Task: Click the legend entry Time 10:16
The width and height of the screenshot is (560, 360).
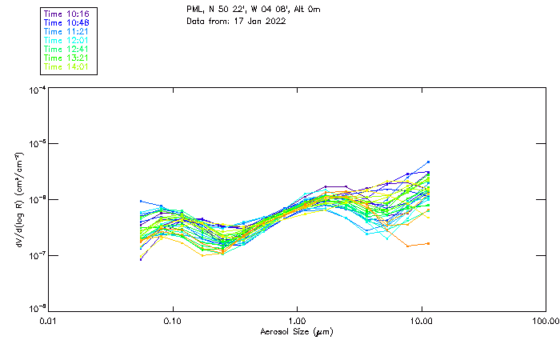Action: pos(66,14)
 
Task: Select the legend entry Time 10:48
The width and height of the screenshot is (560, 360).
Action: pos(66,22)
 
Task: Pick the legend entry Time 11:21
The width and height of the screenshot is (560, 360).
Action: pos(66,31)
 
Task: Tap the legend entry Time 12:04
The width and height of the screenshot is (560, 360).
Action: pos(66,40)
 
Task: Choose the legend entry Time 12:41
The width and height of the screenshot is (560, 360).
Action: pos(66,49)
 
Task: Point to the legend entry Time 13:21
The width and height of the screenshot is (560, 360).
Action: pos(66,58)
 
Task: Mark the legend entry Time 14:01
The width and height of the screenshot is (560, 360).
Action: pos(66,66)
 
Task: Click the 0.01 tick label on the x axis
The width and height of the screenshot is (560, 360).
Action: pos(49,321)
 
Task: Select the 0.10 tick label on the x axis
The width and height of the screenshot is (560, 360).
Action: pos(173,321)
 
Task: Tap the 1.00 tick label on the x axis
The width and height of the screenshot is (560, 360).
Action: pos(297,321)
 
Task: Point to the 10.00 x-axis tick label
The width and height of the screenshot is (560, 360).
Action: pos(421,321)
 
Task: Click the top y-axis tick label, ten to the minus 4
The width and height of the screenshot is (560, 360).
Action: pos(36,90)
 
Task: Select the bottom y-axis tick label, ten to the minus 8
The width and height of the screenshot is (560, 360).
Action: pos(36,308)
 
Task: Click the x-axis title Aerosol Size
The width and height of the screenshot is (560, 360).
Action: pos(296,331)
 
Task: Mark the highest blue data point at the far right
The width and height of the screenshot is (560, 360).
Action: pos(428,162)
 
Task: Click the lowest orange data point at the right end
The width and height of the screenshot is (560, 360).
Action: pos(428,243)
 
